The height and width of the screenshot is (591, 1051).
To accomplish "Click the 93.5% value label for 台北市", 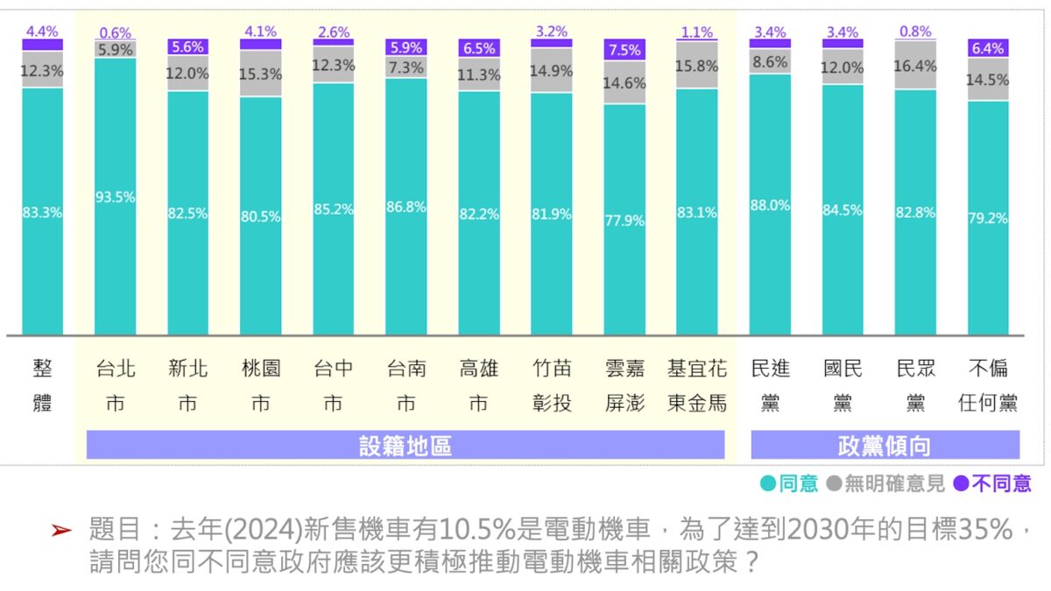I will coord(115,197).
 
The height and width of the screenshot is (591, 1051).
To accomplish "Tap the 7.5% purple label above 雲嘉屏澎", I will coord(624,50).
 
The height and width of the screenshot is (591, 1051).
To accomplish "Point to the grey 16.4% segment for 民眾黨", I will coord(915,66).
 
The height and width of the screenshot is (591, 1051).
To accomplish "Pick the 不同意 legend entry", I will coord(992,483).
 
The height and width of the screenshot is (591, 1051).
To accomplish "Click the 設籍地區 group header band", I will coord(406,446).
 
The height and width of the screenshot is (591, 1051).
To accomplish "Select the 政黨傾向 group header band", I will coord(885,446).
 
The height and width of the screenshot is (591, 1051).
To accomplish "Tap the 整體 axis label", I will coord(42,386).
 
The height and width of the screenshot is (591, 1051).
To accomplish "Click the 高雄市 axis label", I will coord(478,386).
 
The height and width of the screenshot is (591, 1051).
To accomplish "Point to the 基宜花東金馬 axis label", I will coord(697,386).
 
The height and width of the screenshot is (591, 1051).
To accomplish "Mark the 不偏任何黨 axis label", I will coord(988,386).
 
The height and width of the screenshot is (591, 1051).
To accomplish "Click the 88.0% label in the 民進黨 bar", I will coord(770,205).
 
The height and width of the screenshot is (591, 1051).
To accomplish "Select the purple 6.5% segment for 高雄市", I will coord(478,48).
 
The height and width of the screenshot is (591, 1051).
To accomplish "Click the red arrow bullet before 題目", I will coord(60,531).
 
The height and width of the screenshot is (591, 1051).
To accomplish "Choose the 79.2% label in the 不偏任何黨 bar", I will coord(988,218).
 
